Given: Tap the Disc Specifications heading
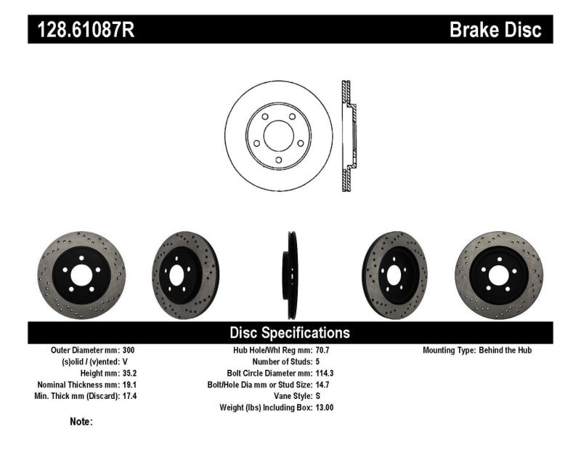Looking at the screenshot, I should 290,333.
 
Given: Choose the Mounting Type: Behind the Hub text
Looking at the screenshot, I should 477,350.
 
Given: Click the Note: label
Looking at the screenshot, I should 81,421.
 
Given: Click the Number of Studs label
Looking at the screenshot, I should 282,362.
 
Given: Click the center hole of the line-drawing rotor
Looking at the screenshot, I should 278,135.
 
